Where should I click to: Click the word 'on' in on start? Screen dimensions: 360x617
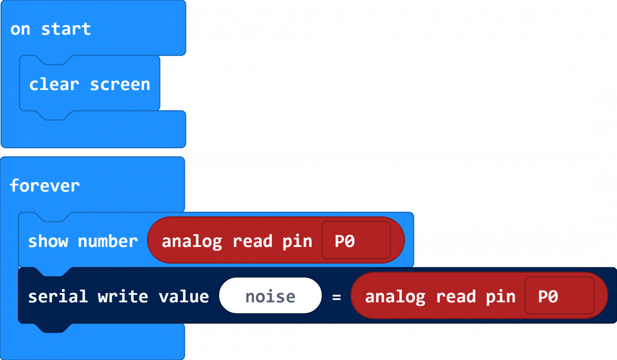coord(21,29)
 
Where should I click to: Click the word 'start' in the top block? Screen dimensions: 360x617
coord(66,29)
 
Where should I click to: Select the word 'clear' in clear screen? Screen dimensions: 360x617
coord(53,84)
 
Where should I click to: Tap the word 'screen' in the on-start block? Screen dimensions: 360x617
coord(120,84)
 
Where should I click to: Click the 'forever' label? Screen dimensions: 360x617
coord(45,185)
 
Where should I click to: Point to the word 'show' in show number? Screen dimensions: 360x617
coord(48,241)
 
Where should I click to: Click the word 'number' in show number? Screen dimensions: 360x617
coord(107,241)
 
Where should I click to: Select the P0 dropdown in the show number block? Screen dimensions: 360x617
coord(356,241)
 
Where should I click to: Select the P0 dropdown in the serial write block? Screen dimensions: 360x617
coord(559,296)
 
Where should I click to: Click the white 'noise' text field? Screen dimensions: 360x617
coord(270,296)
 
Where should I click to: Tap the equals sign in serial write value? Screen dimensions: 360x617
coord(336,297)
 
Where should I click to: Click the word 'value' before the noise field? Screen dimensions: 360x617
coord(183,297)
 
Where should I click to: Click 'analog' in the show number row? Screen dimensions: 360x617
coord(192,241)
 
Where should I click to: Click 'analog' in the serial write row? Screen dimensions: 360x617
coord(395,297)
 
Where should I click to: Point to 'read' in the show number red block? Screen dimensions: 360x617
coord(252,241)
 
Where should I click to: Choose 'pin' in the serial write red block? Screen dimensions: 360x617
coord(500,297)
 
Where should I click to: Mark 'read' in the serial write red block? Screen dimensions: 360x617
coord(456,297)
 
